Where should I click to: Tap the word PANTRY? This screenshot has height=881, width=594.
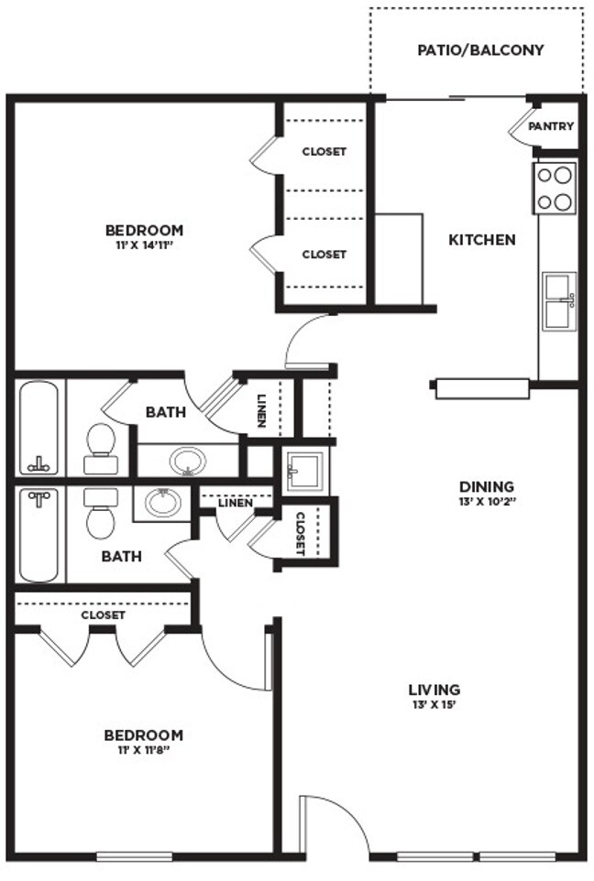(x=551, y=126)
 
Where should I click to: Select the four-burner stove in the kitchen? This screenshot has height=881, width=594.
(x=555, y=188)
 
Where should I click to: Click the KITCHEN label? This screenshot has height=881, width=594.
(x=481, y=240)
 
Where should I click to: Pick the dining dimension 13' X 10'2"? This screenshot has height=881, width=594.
(x=487, y=502)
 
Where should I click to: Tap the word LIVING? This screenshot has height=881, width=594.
(x=434, y=690)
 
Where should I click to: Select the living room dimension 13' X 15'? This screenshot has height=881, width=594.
(x=434, y=704)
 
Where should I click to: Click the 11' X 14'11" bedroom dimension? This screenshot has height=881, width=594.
(x=143, y=245)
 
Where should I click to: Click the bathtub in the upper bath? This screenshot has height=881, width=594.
(x=39, y=428)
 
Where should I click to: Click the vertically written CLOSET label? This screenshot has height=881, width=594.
(x=301, y=534)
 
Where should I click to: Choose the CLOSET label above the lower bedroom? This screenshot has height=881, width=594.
(x=103, y=615)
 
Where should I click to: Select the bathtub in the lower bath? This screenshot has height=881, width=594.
(x=39, y=536)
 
